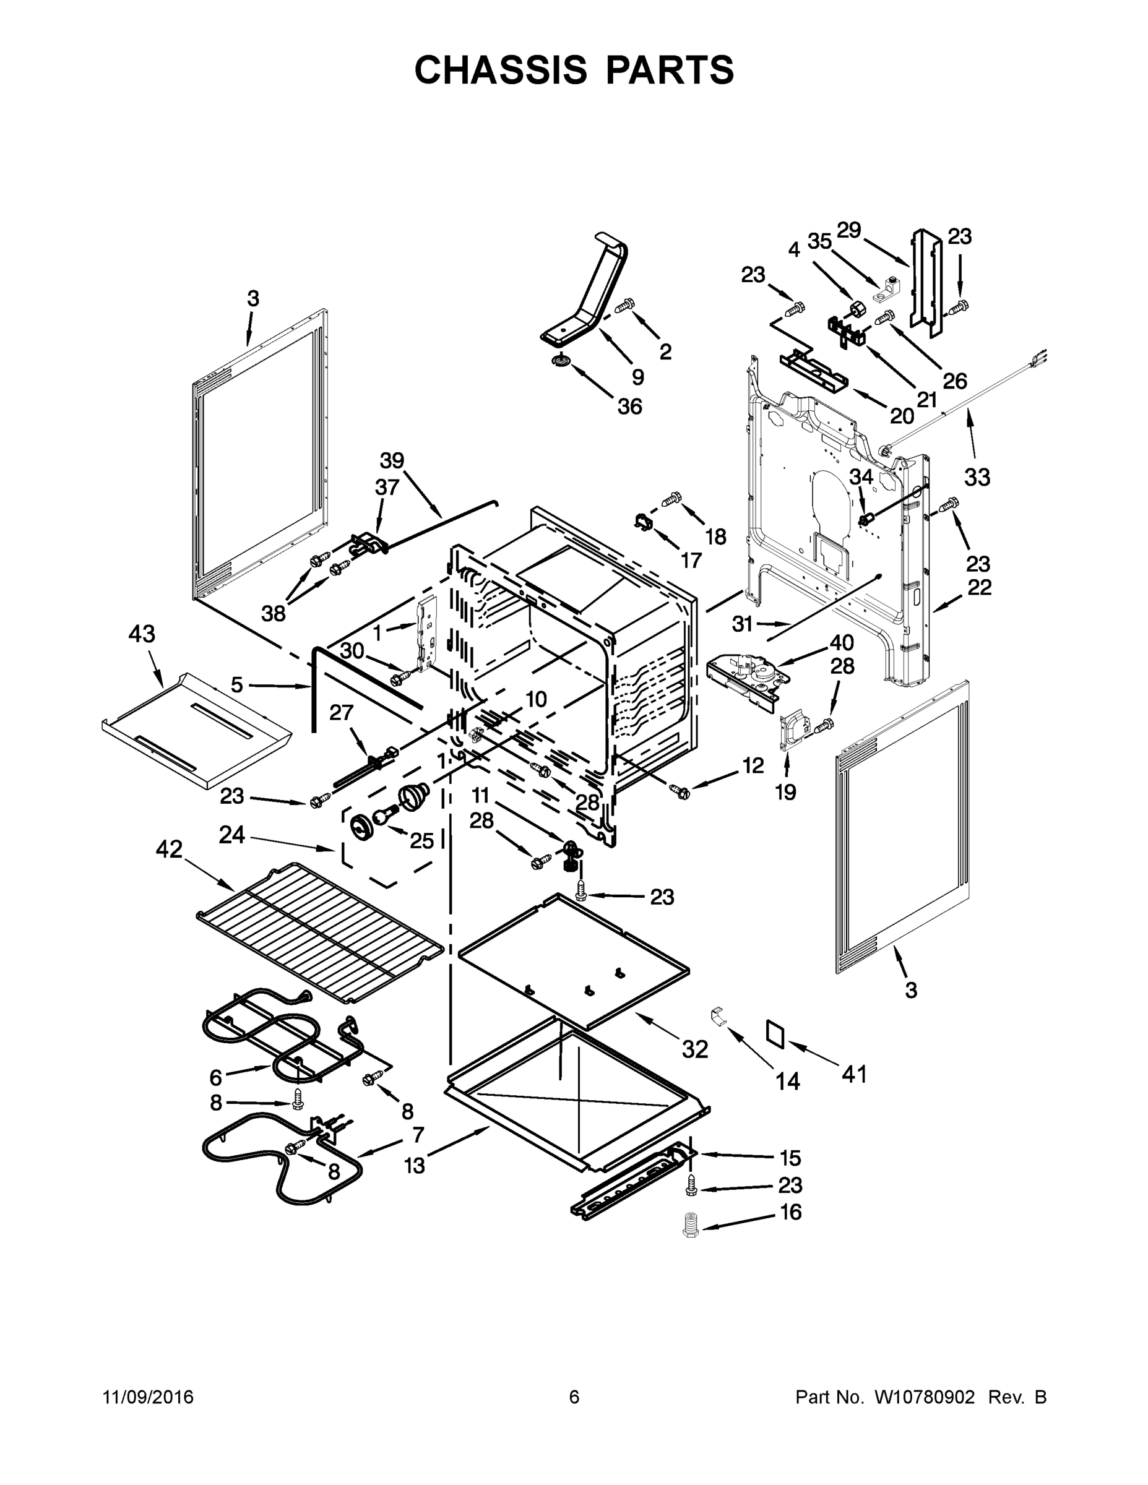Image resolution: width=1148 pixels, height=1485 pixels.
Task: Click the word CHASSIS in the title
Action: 500,70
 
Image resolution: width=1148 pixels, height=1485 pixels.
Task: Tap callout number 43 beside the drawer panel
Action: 142,634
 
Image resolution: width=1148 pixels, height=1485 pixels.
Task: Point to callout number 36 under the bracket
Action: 630,407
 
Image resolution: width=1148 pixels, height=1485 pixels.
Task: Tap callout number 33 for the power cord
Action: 977,477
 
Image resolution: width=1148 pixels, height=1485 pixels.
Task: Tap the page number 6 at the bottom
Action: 574,1397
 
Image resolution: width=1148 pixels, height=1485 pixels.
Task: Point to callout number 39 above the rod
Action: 392,461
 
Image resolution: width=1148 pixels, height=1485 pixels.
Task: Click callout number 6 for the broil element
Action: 215,1077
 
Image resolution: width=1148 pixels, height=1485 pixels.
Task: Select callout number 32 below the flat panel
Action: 695,1050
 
